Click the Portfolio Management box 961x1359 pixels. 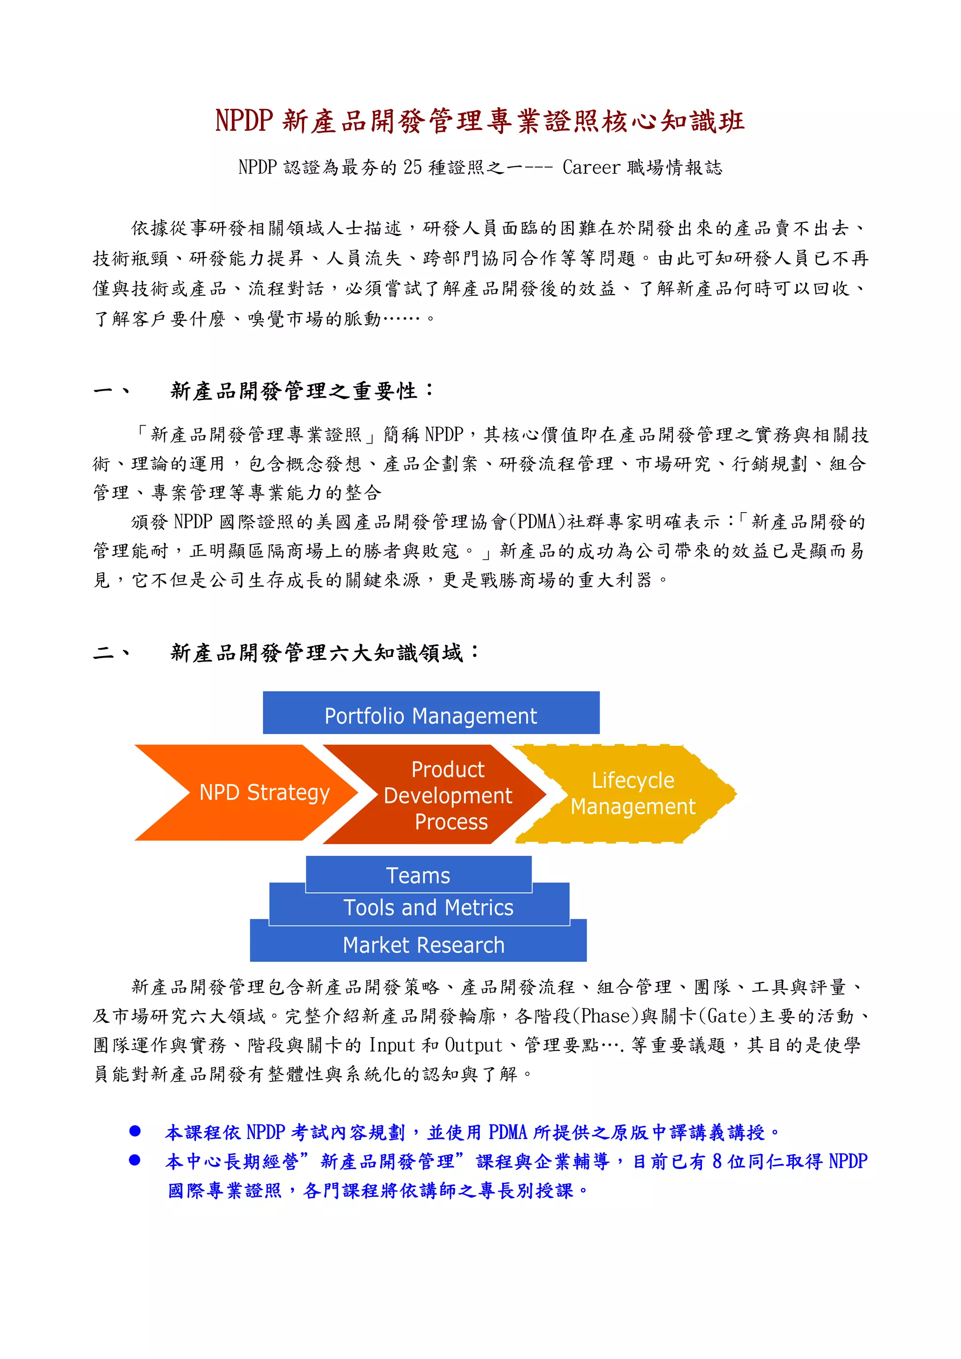(x=431, y=714)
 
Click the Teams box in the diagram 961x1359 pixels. (x=418, y=875)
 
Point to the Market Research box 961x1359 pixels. (x=423, y=945)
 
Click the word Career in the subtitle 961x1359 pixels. (x=590, y=167)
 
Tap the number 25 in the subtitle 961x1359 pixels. (x=412, y=167)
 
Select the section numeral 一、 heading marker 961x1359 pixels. (x=111, y=391)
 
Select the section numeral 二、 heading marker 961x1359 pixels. (x=111, y=653)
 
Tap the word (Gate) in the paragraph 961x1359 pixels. (x=728, y=1016)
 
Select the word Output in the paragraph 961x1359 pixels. (x=473, y=1045)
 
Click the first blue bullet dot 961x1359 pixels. (x=135, y=1131)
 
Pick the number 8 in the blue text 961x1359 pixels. (x=717, y=1161)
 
